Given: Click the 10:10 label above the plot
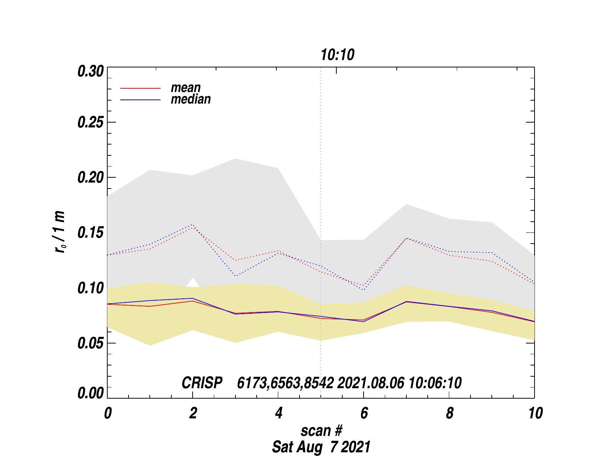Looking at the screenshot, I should point(337,55).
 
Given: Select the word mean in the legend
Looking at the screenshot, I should point(186,88).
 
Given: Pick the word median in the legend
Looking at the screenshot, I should point(191,99).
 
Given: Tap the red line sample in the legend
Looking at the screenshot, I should point(140,88).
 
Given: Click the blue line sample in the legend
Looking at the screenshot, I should point(140,100).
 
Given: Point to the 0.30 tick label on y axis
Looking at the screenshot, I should point(91,72).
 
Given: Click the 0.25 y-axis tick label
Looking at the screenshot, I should point(91,123).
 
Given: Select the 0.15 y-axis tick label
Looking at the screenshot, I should point(91,233).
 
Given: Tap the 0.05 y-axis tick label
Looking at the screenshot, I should point(91,343).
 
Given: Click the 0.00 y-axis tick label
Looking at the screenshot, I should point(91,393).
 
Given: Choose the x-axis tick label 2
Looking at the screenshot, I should point(193,414).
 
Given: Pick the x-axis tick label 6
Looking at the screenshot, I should point(364,414).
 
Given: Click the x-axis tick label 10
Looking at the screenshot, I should point(535,414).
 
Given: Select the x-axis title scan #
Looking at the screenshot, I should point(321,431).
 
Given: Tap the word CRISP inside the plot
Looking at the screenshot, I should point(202,383).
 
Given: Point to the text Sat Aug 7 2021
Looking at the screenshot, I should point(321,447).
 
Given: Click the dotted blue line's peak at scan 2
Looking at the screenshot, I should point(193,225).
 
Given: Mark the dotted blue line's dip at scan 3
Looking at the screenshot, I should point(235,276).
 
